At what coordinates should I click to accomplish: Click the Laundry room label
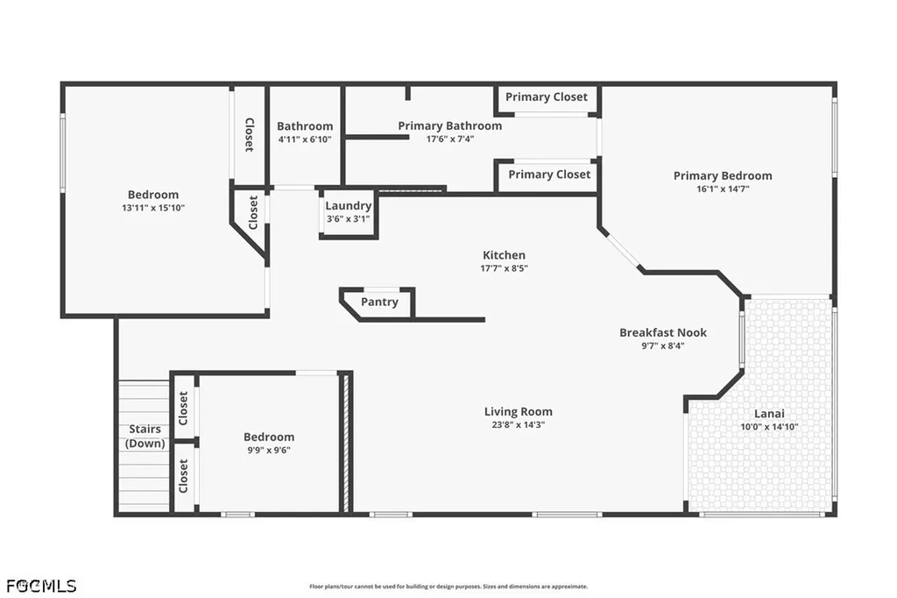click(349, 206)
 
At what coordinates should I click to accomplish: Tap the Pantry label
click(379, 302)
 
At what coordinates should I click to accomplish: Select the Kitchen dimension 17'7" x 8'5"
click(504, 268)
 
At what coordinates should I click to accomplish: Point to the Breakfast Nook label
click(663, 332)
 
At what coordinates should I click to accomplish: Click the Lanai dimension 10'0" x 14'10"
click(769, 427)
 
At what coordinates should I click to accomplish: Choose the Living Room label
click(519, 411)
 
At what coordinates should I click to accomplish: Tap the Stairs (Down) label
click(145, 436)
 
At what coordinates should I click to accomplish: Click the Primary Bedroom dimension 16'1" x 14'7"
click(723, 189)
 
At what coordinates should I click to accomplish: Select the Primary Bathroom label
click(450, 125)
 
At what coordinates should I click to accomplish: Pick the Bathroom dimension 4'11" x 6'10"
click(305, 139)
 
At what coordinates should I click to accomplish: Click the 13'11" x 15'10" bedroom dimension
click(153, 208)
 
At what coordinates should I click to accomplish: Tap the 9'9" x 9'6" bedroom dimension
click(269, 450)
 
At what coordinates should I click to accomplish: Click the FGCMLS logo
click(41, 586)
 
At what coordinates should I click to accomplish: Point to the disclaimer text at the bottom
click(448, 587)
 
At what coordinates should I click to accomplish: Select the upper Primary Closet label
click(547, 96)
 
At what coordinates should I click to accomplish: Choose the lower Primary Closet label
click(549, 174)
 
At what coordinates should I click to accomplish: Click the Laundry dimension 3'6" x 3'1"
click(349, 219)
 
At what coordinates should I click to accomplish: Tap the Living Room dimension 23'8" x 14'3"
click(519, 425)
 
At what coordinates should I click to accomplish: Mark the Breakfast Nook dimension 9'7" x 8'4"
click(663, 346)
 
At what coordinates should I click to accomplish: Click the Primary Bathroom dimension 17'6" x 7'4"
click(450, 139)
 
